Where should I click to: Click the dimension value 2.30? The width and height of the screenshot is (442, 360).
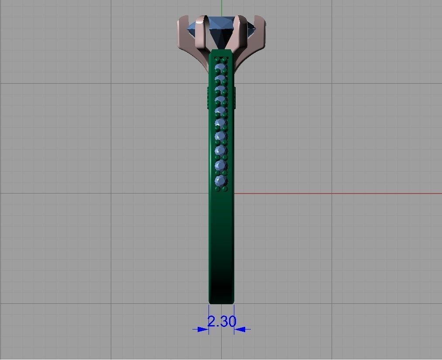coord(221,322)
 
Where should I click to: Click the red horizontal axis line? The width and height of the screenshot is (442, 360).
coord(340,194)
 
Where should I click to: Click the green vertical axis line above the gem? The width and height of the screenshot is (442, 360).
coord(222,7)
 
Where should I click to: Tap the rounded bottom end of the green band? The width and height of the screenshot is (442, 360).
coord(221,301)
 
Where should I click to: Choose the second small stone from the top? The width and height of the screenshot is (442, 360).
coord(221,79)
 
